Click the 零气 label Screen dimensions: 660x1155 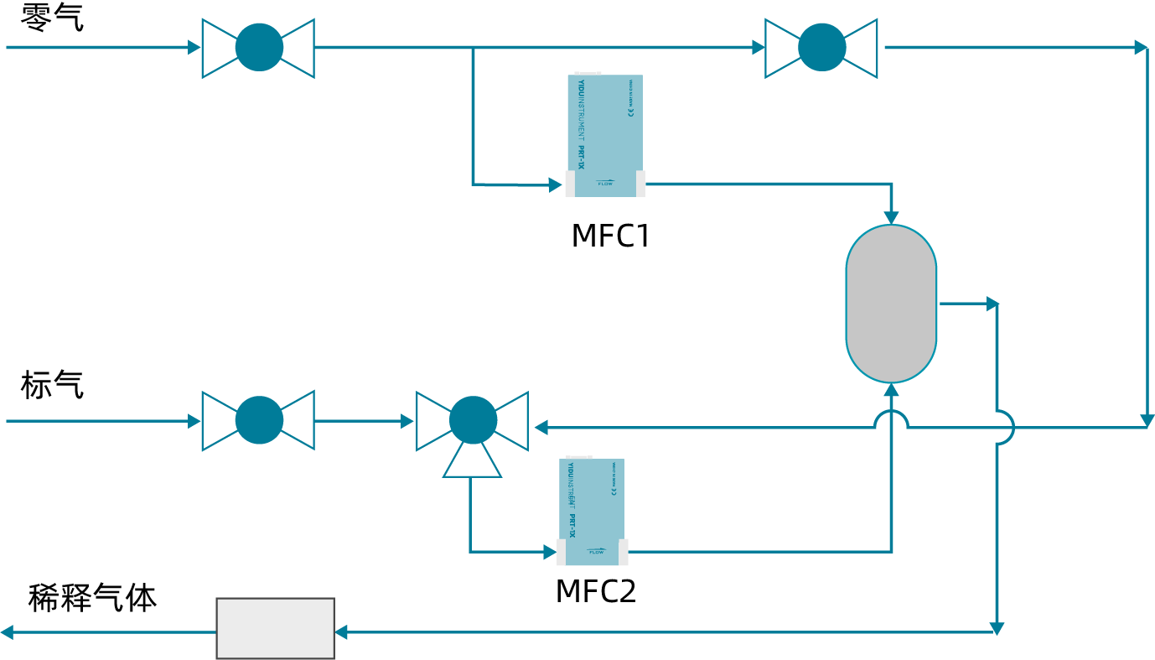point(52,18)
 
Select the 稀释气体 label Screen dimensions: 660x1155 point(92,598)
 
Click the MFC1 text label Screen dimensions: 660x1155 point(610,236)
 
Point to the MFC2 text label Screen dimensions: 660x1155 point(595,591)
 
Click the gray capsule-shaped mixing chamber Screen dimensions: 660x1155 point(891,304)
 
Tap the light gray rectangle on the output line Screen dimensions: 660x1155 point(275,628)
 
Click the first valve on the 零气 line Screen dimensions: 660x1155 point(258,48)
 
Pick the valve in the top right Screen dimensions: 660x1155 point(821,48)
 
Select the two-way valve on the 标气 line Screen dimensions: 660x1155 point(258,420)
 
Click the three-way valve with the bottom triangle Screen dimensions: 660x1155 point(473,421)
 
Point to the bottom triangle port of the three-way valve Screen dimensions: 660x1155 point(472,464)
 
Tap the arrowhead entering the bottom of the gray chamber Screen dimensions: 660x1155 point(892,390)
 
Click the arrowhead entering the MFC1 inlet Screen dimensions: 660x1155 point(555,184)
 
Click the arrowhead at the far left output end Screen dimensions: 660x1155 point(7,632)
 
